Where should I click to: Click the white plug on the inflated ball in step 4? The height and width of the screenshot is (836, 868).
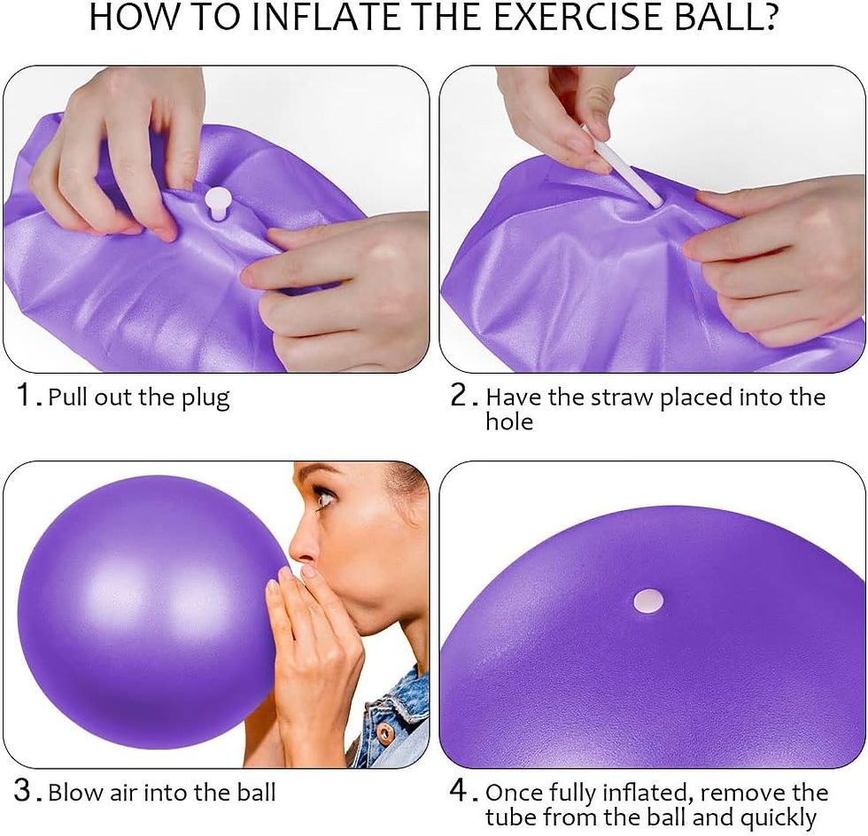click(648, 601)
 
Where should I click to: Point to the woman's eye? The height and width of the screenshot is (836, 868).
click(325, 498)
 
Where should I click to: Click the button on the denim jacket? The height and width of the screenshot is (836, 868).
click(385, 734)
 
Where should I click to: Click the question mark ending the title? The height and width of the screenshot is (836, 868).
click(766, 19)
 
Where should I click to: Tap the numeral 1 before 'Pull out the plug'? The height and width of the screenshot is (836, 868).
click(25, 396)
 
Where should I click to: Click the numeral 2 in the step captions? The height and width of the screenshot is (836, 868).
click(459, 396)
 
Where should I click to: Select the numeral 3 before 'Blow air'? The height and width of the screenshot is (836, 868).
click(25, 791)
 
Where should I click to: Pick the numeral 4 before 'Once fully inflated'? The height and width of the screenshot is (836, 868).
click(459, 791)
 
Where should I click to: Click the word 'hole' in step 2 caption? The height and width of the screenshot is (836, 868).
click(509, 422)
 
